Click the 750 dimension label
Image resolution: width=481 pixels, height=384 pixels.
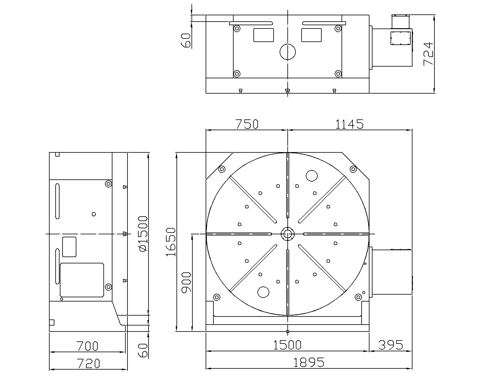247,124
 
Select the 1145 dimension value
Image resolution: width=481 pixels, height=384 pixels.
350,124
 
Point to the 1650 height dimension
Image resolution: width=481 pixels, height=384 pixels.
171,242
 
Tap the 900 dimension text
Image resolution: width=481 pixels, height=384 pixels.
186,282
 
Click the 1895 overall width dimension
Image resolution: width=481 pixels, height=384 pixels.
308,362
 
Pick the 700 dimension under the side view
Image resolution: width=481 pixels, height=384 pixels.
87,346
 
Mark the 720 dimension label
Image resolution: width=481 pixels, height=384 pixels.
88,364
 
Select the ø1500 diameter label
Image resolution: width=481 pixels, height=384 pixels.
143,234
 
